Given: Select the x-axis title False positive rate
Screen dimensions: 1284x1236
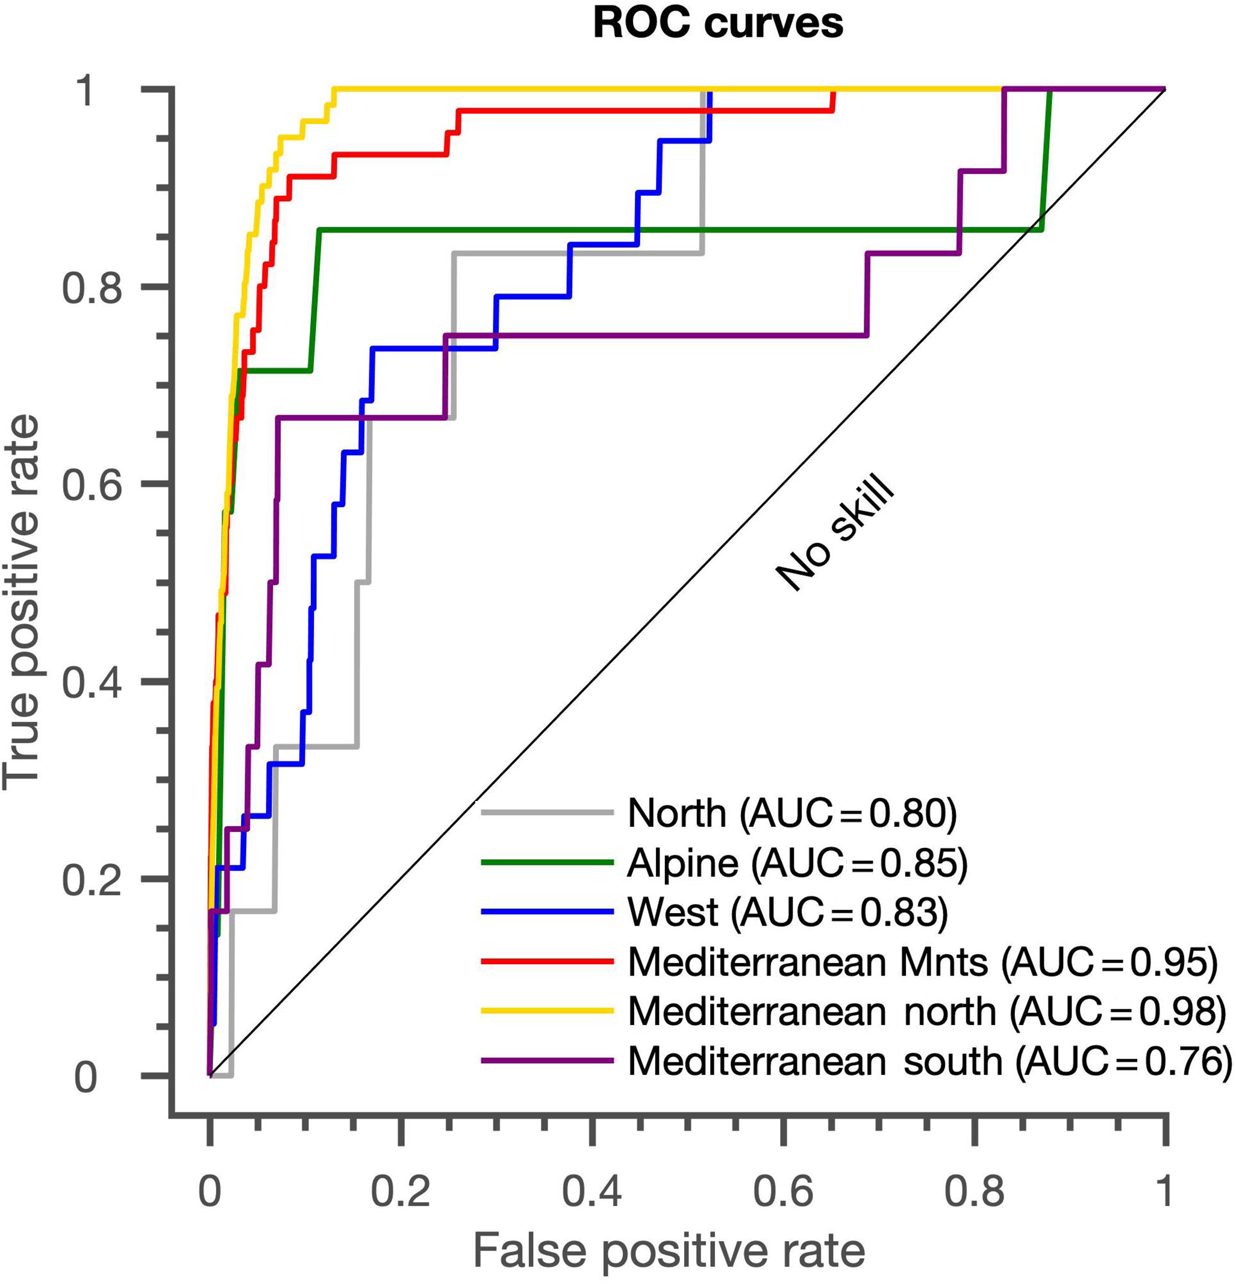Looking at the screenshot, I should coord(669,1252).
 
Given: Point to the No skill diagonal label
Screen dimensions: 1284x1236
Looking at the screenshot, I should coord(835,534).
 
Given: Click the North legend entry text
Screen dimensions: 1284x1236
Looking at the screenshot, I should coord(791,814).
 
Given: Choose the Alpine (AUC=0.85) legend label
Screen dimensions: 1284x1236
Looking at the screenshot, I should coord(797,864).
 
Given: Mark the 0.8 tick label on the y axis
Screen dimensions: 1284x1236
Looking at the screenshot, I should coord(92,287).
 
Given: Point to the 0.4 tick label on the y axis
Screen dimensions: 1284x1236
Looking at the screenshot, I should coord(92,681).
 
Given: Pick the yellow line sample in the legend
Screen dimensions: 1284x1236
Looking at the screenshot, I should coord(547,1011).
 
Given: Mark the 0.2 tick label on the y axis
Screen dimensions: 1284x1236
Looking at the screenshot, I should coord(92,879).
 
